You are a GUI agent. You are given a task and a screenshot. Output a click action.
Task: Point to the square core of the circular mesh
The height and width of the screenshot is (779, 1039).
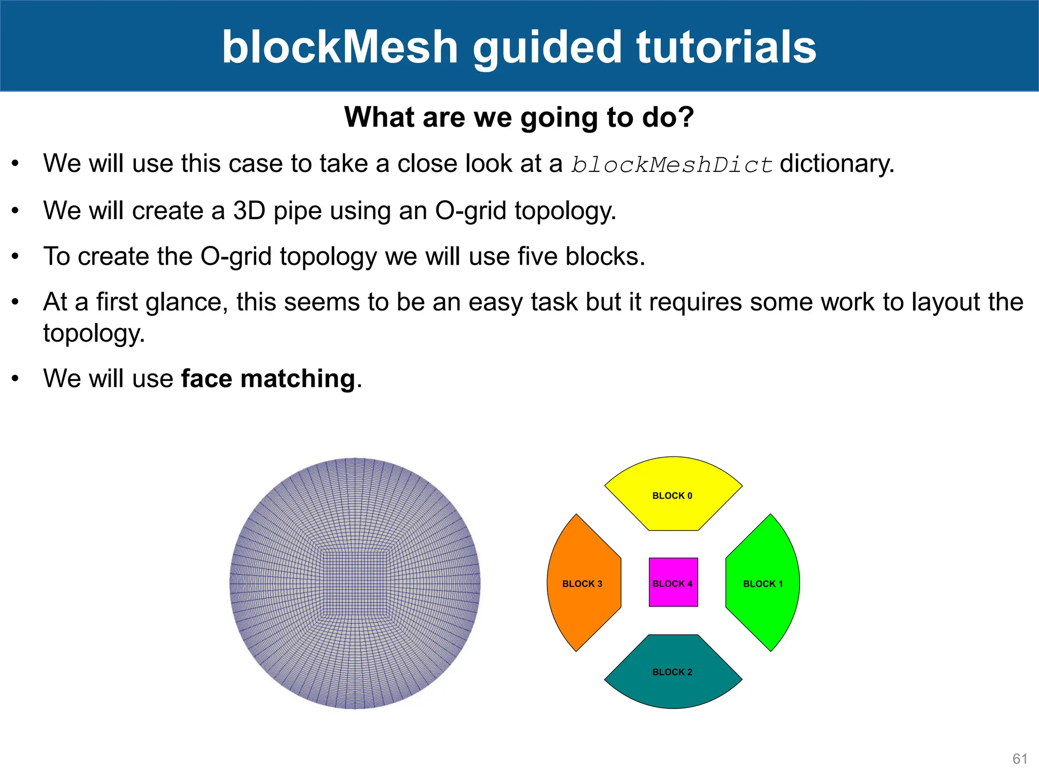click(x=355, y=583)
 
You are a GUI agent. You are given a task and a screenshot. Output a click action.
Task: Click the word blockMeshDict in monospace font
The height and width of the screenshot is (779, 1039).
click(x=671, y=165)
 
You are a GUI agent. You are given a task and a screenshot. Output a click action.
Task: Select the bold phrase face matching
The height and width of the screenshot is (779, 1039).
click(x=268, y=378)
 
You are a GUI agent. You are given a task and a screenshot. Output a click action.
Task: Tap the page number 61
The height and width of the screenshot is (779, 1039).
click(x=1020, y=759)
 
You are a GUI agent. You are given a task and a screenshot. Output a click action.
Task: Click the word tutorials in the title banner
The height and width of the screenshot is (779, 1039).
click(x=726, y=47)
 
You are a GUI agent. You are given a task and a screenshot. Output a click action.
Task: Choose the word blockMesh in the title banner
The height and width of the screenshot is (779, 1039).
click(x=340, y=47)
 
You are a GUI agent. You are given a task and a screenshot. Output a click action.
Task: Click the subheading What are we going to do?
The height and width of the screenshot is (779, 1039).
click(x=519, y=117)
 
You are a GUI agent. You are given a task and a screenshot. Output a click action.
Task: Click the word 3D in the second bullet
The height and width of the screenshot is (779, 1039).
click(x=249, y=210)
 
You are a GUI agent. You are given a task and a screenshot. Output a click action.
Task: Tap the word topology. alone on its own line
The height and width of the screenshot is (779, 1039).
click(x=94, y=334)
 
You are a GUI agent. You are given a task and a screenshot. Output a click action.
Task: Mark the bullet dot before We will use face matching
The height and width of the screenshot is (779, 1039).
click(x=16, y=378)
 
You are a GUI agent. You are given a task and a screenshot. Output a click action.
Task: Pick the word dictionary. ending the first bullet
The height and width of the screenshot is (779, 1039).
click(x=837, y=164)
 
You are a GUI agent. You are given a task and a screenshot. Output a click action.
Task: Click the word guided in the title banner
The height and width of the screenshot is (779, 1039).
click(x=547, y=47)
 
